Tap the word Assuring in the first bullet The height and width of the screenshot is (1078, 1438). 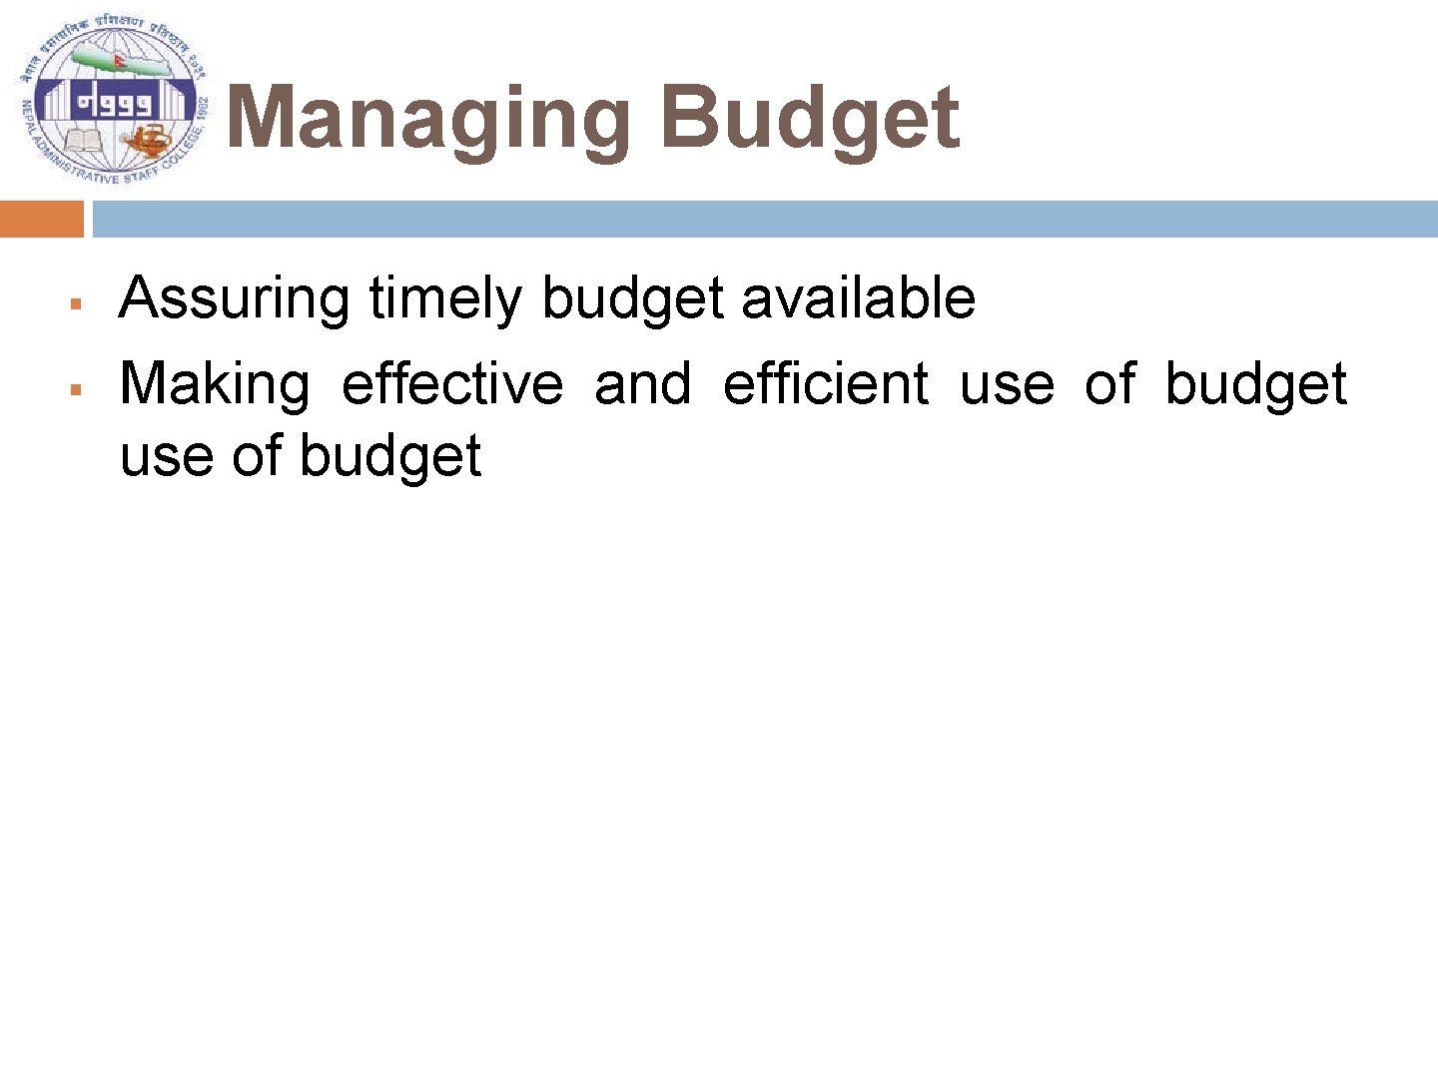coord(235,298)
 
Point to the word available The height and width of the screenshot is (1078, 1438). coord(858,298)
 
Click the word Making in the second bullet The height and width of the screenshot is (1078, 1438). coord(215,385)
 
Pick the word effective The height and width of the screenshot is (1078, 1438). coord(452,385)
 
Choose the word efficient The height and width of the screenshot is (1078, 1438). coord(826,385)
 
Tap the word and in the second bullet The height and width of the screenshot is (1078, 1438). coord(642,385)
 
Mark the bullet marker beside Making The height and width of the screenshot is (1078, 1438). coord(74,388)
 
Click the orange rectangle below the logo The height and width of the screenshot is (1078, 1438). coord(42,219)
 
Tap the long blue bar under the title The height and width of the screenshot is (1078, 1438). coord(765,219)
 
